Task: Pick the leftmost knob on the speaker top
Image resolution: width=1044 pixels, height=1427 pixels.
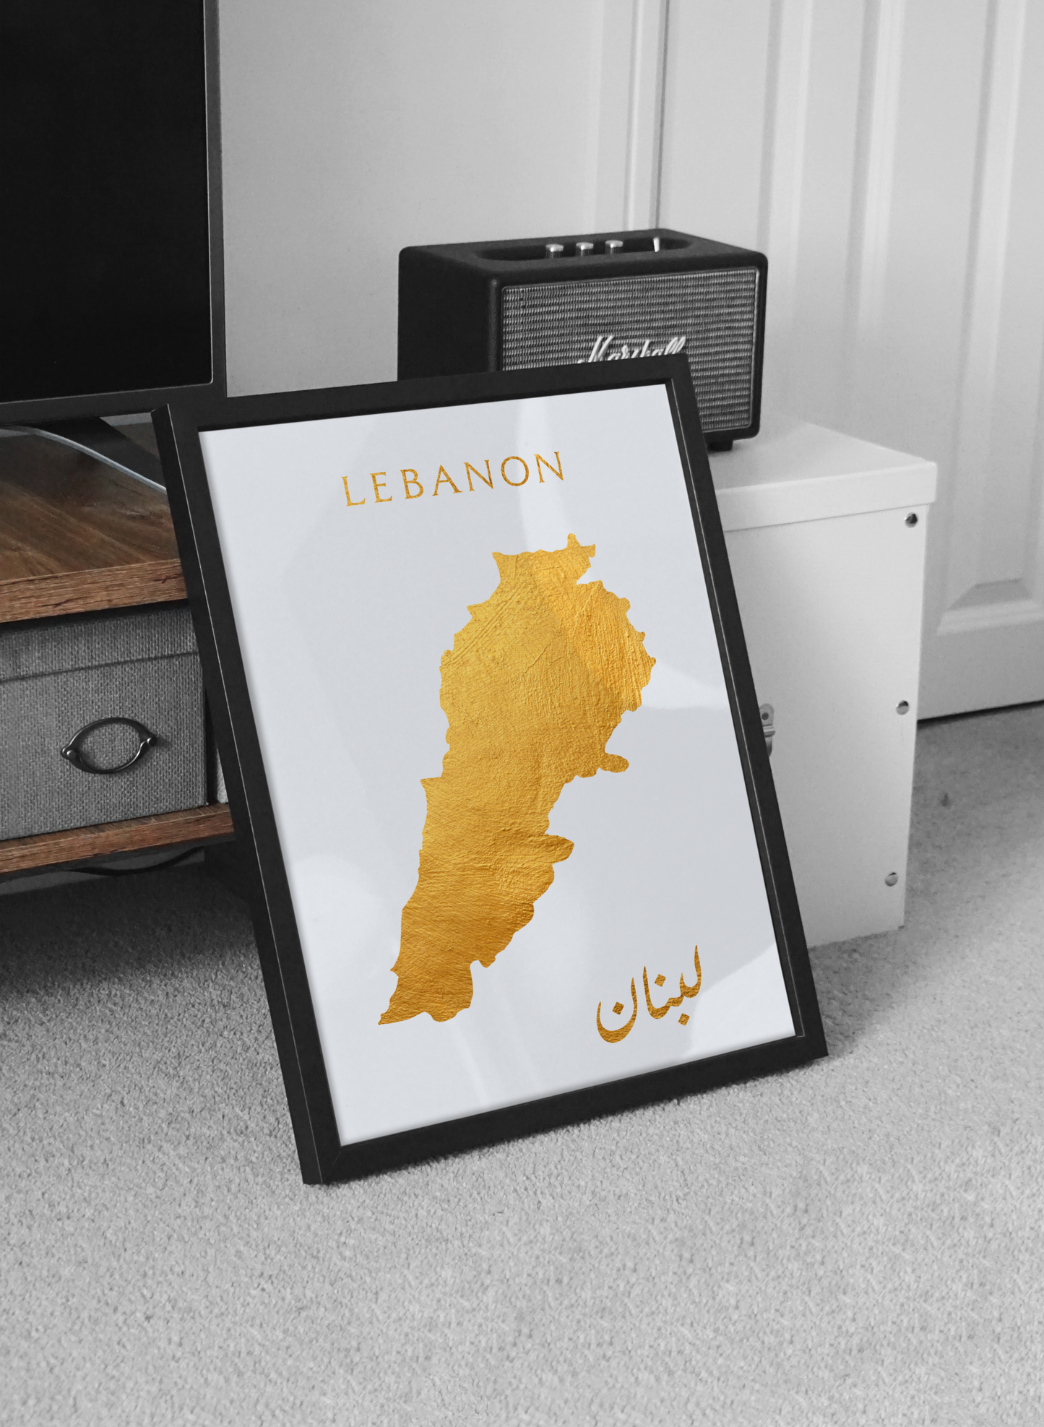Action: (555, 249)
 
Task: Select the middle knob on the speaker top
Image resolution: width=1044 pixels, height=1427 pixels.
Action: (584, 248)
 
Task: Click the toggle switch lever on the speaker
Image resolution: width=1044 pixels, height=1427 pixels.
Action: (655, 243)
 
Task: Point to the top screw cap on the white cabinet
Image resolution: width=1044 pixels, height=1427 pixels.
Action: (910, 519)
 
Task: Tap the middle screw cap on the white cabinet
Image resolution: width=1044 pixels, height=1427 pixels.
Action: (902, 707)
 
